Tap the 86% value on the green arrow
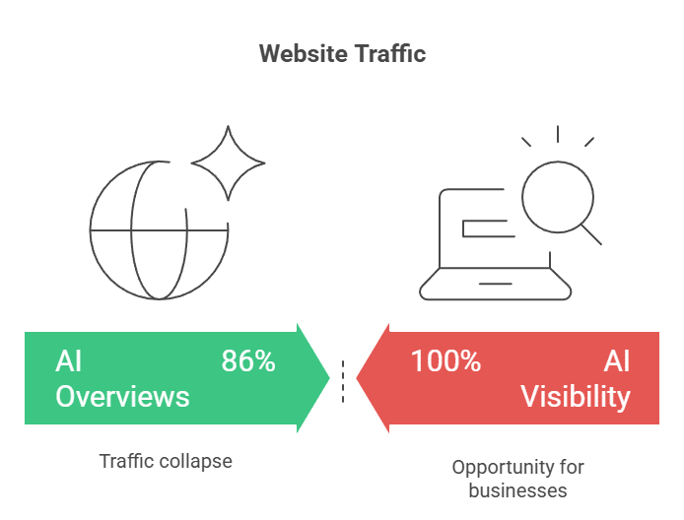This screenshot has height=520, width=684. pyautogui.click(x=248, y=361)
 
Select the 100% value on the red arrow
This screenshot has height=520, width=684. pyautogui.click(x=445, y=361)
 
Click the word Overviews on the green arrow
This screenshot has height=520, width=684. pyautogui.click(x=122, y=396)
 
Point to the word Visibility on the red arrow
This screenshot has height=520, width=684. pyautogui.click(x=576, y=396)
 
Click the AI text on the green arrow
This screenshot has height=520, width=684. pyautogui.click(x=69, y=361)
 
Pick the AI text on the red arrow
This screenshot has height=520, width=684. pyautogui.click(x=617, y=361)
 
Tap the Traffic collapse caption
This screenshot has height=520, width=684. pyautogui.click(x=166, y=461)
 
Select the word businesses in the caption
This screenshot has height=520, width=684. pyautogui.click(x=517, y=489)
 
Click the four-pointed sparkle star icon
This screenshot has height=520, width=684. pyautogui.click(x=229, y=163)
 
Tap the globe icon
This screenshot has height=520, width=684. pyautogui.click(x=158, y=231)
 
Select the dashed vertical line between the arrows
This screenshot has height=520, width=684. pyautogui.click(x=343, y=382)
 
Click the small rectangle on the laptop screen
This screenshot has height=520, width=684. pyautogui.click(x=487, y=229)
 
